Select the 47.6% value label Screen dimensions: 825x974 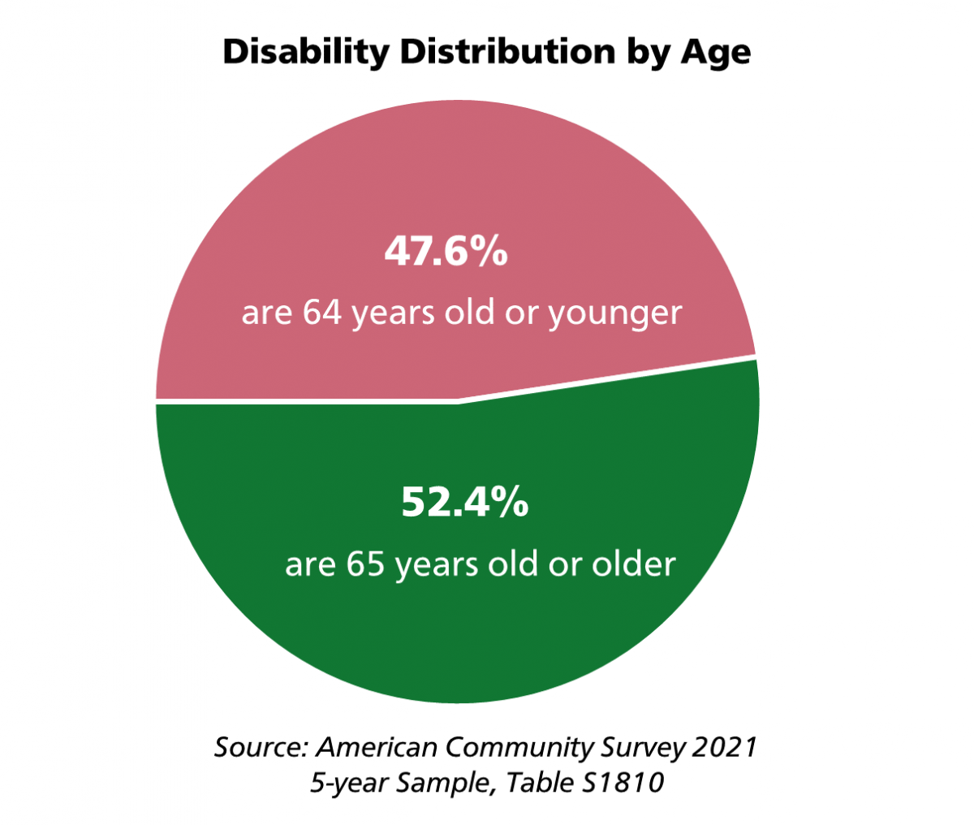click(446, 253)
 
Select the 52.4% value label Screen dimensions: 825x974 click(464, 503)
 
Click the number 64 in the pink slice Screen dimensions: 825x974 click(322, 313)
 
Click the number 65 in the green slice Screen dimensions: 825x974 click(365, 564)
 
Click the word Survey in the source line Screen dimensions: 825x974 click(640, 747)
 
